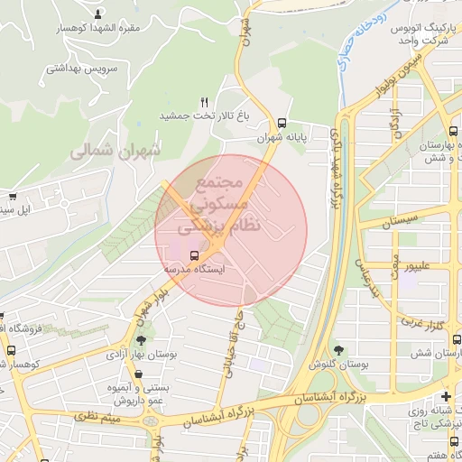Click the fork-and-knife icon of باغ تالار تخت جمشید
click(205, 101)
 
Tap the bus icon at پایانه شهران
click(282, 124)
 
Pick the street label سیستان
click(398, 220)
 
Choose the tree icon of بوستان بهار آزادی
click(140, 340)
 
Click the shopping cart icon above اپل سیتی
click(12, 196)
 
